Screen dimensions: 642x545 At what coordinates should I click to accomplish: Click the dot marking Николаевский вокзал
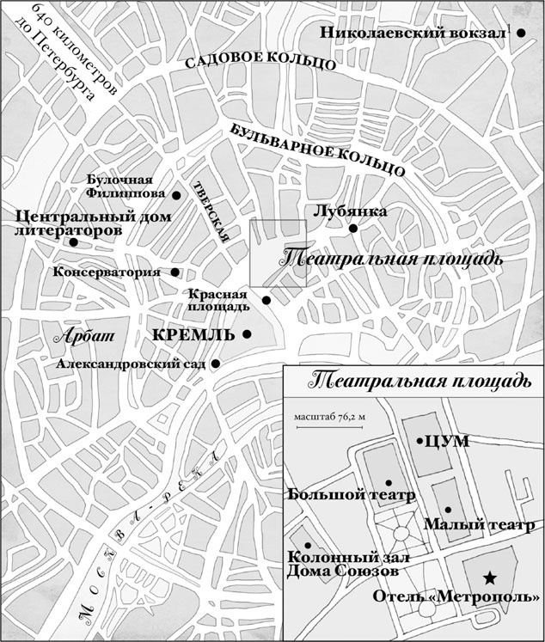pyautogui.click(x=521, y=33)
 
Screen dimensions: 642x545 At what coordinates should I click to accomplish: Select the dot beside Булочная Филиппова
pyautogui.click(x=176, y=196)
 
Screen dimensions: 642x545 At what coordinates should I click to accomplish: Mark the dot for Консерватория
pyautogui.click(x=175, y=272)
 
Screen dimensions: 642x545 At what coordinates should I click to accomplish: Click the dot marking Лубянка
pyautogui.click(x=352, y=228)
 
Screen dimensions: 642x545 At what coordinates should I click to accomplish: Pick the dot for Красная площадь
pyautogui.click(x=266, y=300)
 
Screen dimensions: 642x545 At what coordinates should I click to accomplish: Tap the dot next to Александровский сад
pyautogui.click(x=215, y=364)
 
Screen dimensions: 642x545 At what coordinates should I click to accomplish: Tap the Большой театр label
pyautogui.click(x=352, y=496)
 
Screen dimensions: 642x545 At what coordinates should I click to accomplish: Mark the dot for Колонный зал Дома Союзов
pyautogui.click(x=307, y=546)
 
